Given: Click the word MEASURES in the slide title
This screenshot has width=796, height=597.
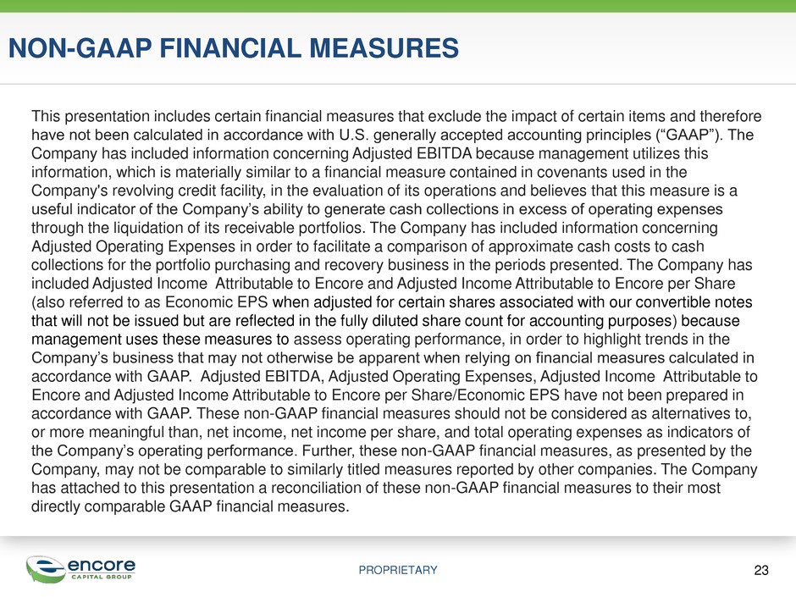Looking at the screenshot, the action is [x=384, y=48].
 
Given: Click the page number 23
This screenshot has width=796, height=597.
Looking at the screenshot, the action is [x=761, y=570].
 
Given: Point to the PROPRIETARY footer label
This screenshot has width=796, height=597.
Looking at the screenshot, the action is [x=398, y=570].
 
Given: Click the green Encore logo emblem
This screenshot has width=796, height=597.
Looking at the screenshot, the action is [x=46, y=569].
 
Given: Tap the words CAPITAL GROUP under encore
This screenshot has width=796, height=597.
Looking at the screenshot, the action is [x=102, y=577].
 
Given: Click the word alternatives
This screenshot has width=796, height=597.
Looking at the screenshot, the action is [x=690, y=414].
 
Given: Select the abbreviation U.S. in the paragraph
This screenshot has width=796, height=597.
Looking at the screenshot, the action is [x=353, y=135].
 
